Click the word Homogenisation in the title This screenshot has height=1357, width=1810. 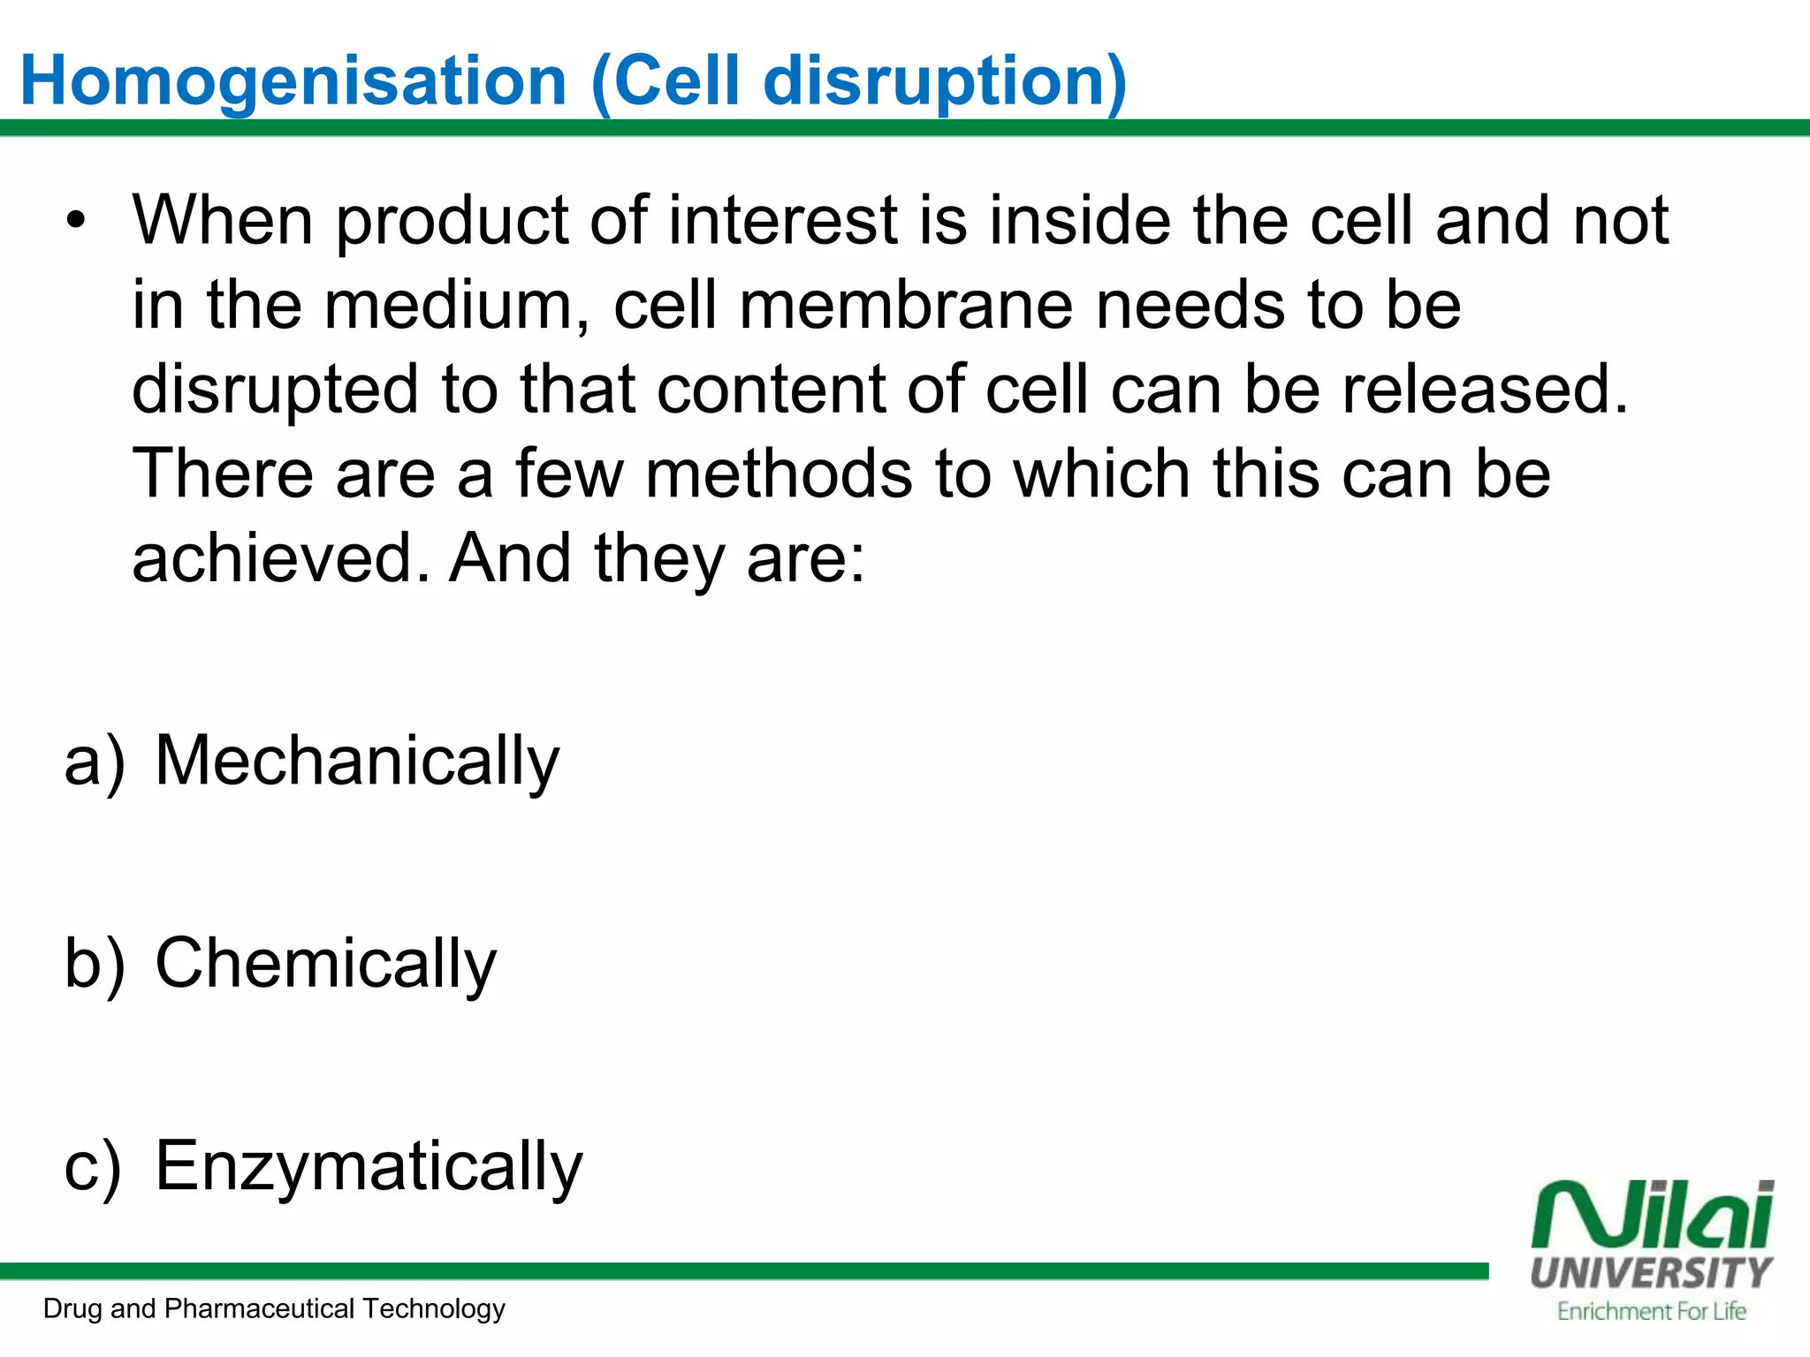(293, 82)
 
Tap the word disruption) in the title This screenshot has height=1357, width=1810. (945, 82)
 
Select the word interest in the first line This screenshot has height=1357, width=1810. (783, 220)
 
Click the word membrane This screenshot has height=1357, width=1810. (906, 305)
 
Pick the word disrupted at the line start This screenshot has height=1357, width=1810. (275, 390)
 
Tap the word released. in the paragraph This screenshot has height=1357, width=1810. (1485, 390)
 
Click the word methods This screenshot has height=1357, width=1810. (779, 474)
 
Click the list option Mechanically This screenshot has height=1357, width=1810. (357, 761)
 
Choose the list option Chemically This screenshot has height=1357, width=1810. (325, 963)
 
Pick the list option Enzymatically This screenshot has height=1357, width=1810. (369, 1166)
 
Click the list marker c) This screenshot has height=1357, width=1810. (93, 1166)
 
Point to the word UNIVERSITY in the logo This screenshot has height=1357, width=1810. (1651, 1273)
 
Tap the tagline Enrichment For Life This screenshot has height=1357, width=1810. (1651, 1311)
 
